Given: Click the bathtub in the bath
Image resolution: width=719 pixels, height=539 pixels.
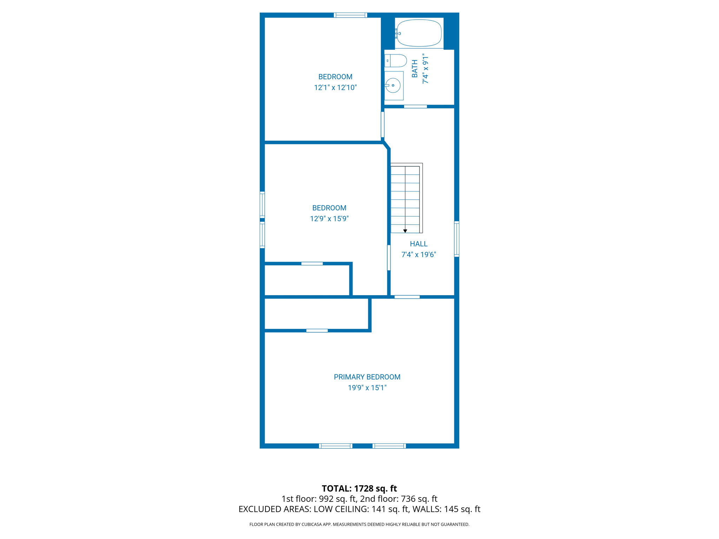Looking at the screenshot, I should click(419, 33).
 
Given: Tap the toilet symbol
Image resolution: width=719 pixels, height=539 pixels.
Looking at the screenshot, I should click(396, 61).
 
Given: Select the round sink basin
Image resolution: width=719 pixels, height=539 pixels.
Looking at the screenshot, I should click(393, 86).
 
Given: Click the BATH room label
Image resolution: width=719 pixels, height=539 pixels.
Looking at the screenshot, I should click(415, 68).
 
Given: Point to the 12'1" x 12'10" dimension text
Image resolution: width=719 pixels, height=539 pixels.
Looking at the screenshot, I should click(335, 87).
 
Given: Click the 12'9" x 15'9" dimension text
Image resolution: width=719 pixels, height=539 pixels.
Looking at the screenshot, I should click(329, 219).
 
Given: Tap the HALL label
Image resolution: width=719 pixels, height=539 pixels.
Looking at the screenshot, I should click(418, 244).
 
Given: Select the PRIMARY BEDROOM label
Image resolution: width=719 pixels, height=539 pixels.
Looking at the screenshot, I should click(367, 377).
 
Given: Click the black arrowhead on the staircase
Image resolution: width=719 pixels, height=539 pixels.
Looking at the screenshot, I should click(405, 231).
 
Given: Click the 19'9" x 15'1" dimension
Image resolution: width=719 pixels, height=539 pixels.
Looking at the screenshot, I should click(367, 388).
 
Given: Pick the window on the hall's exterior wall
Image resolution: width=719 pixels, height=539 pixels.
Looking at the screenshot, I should click(456, 239).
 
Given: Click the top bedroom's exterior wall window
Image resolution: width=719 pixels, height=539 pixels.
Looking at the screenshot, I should click(350, 15).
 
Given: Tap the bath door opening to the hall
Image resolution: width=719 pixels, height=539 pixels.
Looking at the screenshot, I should click(415, 106).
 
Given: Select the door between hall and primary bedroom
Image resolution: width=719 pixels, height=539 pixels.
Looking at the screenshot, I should click(407, 297).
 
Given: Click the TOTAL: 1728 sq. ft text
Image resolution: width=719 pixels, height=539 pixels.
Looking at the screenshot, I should click(359, 488).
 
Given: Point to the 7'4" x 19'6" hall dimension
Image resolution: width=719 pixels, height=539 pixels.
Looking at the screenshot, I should click(418, 255).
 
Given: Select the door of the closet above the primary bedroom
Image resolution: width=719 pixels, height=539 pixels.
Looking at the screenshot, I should click(317, 331).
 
